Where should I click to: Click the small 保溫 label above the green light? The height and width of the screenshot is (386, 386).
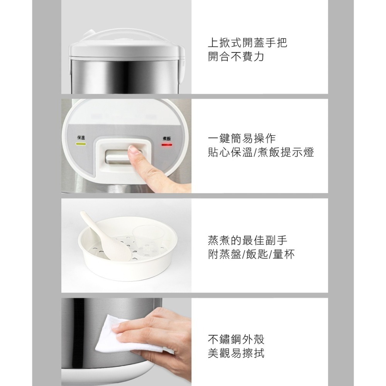pos(81,138)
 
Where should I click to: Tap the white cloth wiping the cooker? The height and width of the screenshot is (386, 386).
pos(120,335)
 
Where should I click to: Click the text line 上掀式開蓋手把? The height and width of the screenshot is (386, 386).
pos(247,43)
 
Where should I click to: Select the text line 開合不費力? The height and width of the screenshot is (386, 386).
pos(236,57)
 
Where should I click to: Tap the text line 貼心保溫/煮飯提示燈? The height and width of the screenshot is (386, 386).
pos(261,153)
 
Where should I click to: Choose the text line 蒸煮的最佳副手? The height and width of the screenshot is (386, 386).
pos(247,240)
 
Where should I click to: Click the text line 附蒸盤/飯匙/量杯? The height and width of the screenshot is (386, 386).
pos(251,255)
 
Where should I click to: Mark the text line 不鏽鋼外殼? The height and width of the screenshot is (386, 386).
pos(236,339)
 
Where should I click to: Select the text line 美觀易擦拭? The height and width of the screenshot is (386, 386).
pos(236,354)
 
